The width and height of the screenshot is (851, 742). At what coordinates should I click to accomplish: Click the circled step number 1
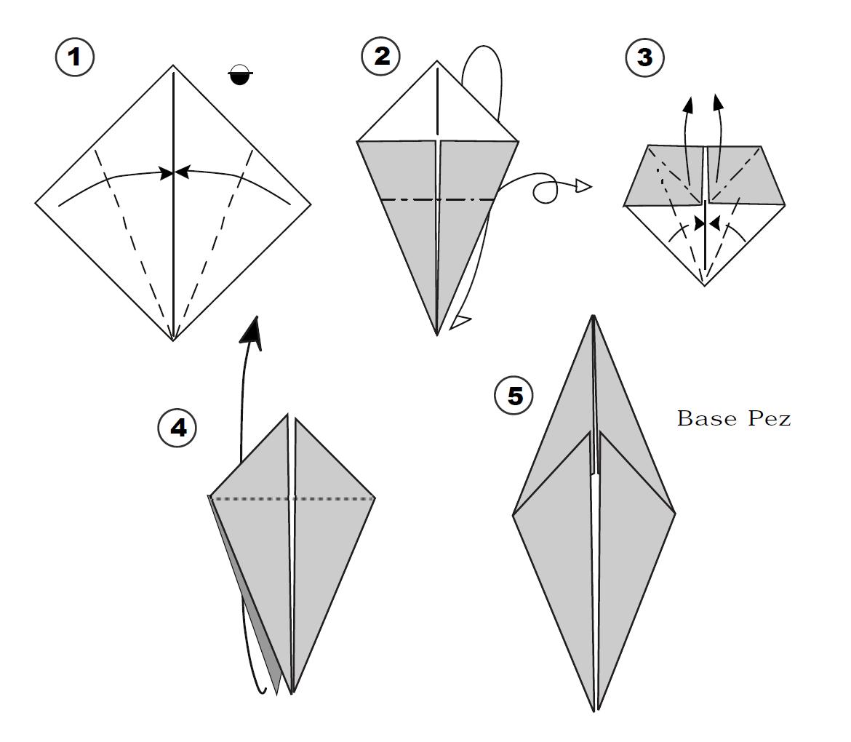coord(75,57)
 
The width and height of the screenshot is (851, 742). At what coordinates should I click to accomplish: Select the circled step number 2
coord(382,56)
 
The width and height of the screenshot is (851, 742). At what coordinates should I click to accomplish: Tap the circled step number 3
coord(644,57)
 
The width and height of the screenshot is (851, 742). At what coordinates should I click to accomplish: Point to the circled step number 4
coord(177,428)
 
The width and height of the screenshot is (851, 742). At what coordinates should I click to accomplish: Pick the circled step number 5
coord(514,396)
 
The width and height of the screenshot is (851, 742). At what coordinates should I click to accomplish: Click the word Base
coord(707,418)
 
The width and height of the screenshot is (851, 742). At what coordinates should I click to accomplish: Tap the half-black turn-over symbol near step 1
coord(241,74)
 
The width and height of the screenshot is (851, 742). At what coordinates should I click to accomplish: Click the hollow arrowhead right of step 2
coord(583,186)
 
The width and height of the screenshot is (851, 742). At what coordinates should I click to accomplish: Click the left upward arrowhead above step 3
coord(689,104)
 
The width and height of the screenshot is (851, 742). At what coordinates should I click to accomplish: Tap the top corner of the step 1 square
coord(173,65)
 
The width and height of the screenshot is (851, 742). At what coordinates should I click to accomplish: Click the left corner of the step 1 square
coord(36,204)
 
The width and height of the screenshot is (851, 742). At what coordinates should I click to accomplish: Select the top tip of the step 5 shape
coord(594,316)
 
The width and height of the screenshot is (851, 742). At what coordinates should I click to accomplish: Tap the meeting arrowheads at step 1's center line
coord(174,172)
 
